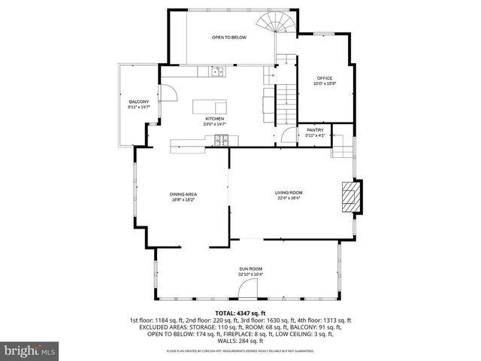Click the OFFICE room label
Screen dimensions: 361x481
point(324,78)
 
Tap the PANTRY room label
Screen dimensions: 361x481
point(315,130)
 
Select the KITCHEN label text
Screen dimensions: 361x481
point(215,119)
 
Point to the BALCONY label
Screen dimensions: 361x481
point(138,102)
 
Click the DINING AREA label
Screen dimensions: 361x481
point(183,194)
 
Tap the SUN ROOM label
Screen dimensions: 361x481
point(250,268)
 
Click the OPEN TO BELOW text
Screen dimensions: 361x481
point(228,37)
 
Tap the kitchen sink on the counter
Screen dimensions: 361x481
point(218,71)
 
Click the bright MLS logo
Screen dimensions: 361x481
point(29,350)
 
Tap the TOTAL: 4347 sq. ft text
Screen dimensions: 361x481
point(240,312)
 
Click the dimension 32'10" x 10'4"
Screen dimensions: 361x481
point(250,275)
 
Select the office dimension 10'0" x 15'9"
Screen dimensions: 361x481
point(324,84)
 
